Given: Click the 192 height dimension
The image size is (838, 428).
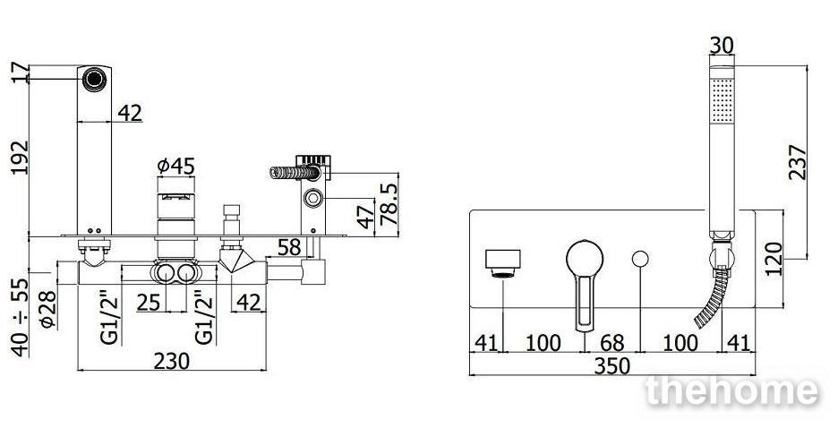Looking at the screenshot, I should pyautogui.click(x=19, y=159).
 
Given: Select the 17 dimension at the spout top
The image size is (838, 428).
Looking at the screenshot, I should pyautogui.click(x=19, y=73).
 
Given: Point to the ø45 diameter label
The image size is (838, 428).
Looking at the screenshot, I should pyautogui.click(x=175, y=167).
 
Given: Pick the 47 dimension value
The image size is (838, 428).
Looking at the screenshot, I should pyautogui.click(x=365, y=217).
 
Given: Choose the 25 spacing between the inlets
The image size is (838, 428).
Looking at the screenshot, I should pyautogui.click(x=149, y=303).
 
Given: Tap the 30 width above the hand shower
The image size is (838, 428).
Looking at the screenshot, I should pyautogui.click(x=722, y=45).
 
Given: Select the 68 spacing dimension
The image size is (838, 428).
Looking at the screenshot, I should pyautogui.click(x=611, y=343).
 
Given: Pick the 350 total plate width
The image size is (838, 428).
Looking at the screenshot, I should pyautogui.click(x=611, y=366).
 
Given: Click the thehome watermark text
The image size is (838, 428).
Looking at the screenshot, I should pyautogui.click(x=731, y=391).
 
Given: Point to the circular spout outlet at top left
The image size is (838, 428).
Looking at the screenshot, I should pyautogui.click(x=92, y=79).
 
